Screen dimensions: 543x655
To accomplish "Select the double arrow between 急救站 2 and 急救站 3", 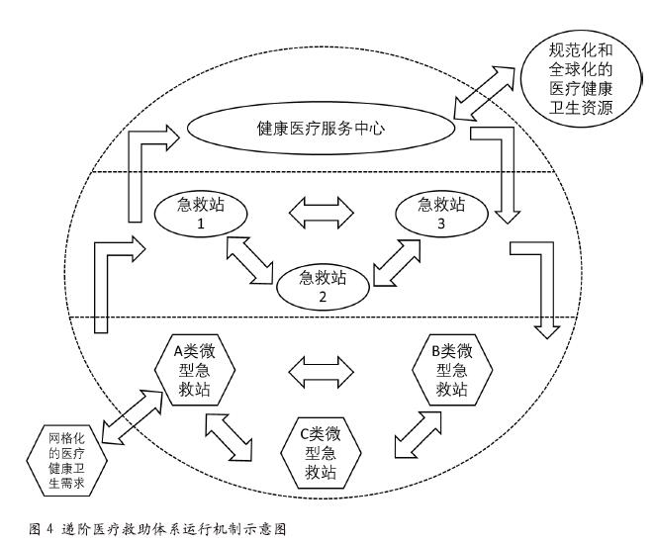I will [395, 259].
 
